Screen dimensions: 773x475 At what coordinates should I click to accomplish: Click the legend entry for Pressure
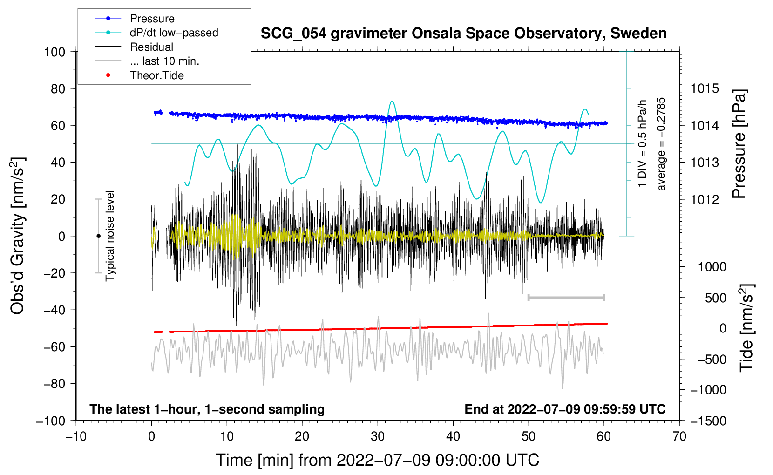(x=135, y=18)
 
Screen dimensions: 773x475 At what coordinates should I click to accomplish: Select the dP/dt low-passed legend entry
(x=156, y=33)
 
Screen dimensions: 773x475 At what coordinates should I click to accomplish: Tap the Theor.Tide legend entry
(x=139, y=75)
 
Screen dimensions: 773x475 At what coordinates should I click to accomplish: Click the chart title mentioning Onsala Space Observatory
(x=463, y=33)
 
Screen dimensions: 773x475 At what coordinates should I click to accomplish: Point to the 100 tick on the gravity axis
(x=54, y=52)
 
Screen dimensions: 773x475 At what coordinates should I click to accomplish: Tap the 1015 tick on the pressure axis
(x=705, y=89)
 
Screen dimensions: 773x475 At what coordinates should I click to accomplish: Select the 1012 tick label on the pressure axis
(x=705, y=199)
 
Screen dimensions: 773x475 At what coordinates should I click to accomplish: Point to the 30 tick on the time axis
(x=378, y=437)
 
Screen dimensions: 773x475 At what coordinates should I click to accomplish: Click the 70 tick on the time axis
(x=679, y=437)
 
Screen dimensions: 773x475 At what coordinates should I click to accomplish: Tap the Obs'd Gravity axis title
(x=17, y=236)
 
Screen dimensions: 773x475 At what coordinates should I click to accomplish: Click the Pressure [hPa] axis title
(x=739, y=144)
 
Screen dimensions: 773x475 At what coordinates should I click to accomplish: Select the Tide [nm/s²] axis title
(x=747, y=328)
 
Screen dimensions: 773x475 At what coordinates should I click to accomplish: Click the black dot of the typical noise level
(x=98, y=236)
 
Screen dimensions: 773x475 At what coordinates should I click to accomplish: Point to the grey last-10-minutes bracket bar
(x=566, y=297)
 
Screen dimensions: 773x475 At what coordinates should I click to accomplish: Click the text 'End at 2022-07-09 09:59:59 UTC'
(x=565, y=409)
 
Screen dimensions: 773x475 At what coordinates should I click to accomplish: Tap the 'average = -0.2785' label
(x=660, y=144)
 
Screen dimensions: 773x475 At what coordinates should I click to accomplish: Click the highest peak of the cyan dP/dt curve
(x=392, y=101)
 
